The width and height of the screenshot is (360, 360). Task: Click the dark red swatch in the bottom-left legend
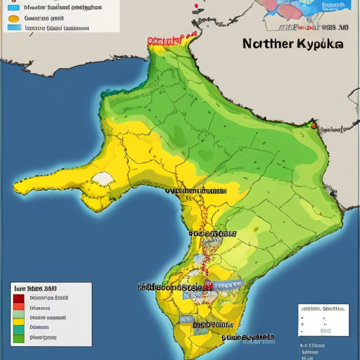pyautogui.click(x=18, y=298)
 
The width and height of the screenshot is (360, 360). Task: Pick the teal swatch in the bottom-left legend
pyautogui.click(x=18, y=328)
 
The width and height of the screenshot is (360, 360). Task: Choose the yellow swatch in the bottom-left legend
pyautogui.click(x=18, y=318)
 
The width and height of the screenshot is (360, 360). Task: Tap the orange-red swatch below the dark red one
pyautogui.click(x=18, y=308)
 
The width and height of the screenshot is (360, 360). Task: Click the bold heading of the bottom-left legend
pyautogui.click(x=35, y=288)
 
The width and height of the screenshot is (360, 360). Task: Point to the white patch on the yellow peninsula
pyautogui.click(x=103, y=179)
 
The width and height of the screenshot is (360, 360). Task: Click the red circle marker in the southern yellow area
pyautogui.click(x=209, y=285)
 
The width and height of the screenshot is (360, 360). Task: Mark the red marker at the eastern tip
pyautogui.click(x=314, y=127)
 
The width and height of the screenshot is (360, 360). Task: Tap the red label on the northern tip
pyautogui.click(x=169, y=39)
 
